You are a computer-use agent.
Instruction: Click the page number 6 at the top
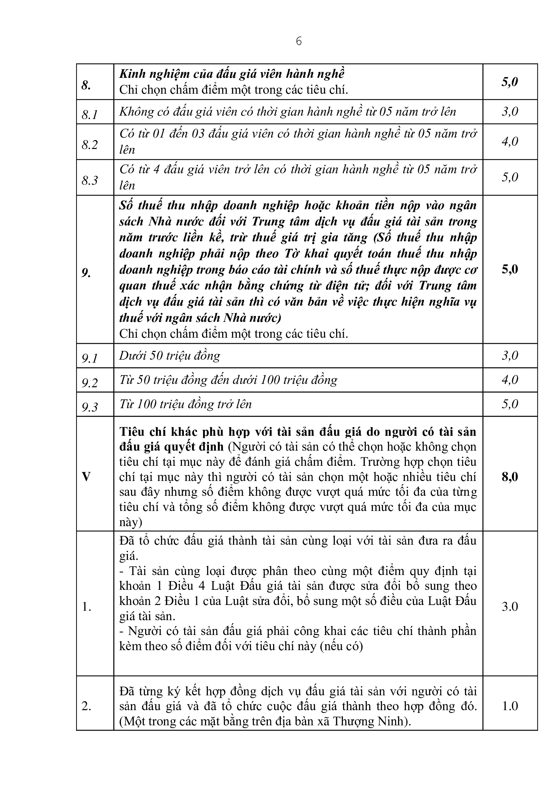click(x=298, y=41)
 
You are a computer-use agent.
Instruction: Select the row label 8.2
click(x=90, y=145)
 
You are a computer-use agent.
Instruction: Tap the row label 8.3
click(x=90, y=180)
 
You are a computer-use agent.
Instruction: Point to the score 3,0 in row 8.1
click(x=510, y=112)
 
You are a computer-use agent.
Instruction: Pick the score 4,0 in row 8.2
click(x=510, y=142)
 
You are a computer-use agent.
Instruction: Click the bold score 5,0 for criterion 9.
click(x=510, y=269)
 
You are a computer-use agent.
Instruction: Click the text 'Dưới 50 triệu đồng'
click(x=169, y=356)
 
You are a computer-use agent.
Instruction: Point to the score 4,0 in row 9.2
click(x=510, y=380)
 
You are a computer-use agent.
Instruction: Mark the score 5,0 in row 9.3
click(x=510, y=404)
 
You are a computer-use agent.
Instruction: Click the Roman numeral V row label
click(x=86, y=477)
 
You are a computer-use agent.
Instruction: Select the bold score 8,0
click(x=510, y=477)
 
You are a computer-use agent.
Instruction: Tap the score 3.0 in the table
click(x=510, y=606)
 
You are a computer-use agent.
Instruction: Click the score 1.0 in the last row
click(x=510, y=706)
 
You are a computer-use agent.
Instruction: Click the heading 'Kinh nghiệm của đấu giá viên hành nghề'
click(x=232, y=74)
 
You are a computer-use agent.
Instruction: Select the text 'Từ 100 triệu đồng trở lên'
click(x=185, y=404)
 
